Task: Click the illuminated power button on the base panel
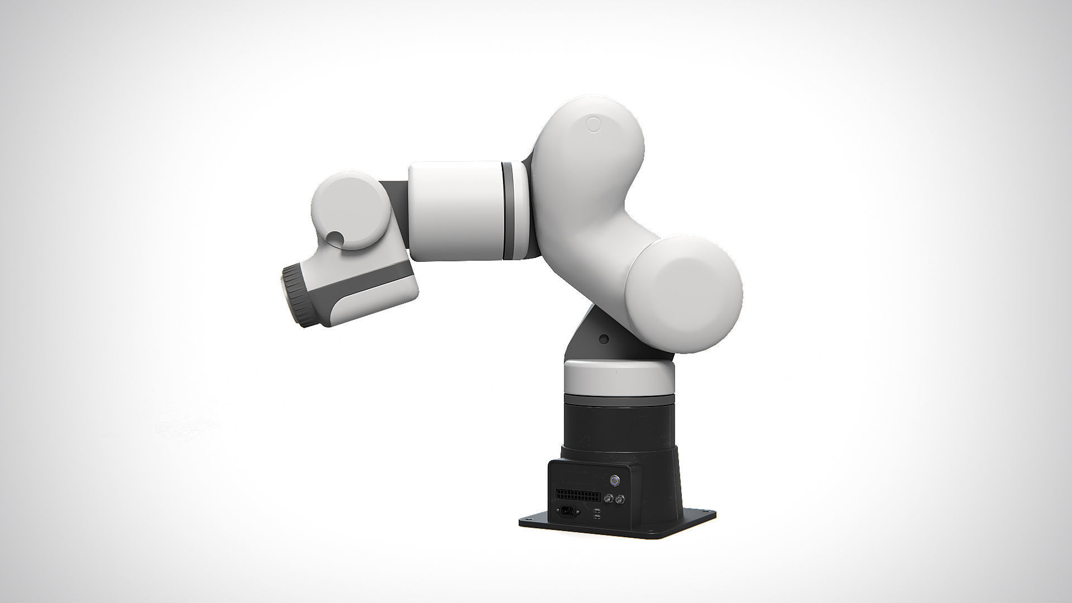pos(615,481)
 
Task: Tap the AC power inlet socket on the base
pos(568,511)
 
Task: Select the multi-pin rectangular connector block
pos(578,496)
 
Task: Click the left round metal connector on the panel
pos(609,499)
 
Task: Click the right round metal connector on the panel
pos(620,499)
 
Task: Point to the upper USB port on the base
pos(597,511)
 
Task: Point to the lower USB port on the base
pos(597,517)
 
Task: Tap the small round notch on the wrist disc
pos(335,238)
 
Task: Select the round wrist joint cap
pos(350,209)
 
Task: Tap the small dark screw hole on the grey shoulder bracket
pos(603,339)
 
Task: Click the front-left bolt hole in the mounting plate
pos(528,519)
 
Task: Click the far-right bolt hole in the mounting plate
pos(706,511)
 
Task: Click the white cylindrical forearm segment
pos(455,212)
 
